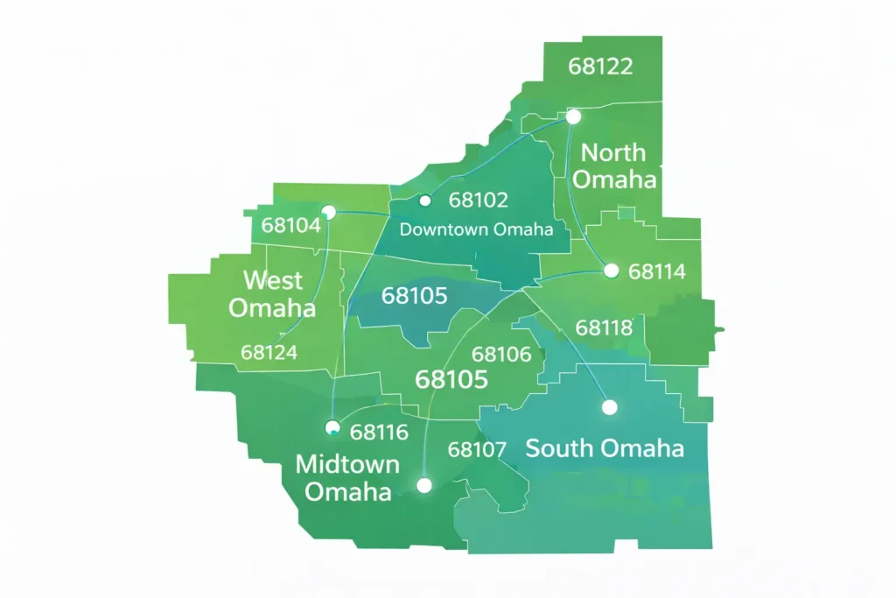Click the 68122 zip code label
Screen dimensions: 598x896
(600, 67)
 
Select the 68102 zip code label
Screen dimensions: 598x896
(478, 201)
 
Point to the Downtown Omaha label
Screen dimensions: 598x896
(476, 229)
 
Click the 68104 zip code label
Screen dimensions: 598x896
(290, 225)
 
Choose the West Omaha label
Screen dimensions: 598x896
(272, 294)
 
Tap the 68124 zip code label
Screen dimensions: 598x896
(269, 352)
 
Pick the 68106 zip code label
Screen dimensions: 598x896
(501, 355)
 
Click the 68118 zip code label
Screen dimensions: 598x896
(604, 328)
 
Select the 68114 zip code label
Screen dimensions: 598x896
(657, 271)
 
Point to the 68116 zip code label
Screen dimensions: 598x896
(379, 432)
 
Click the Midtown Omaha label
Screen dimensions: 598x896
(347, 477)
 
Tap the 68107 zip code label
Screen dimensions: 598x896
(477, 450)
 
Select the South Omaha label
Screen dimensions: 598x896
(605, 449)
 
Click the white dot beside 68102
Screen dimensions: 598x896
(425, 201)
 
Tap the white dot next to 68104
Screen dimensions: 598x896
(328, 212)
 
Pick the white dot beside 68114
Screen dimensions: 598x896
(611, 271)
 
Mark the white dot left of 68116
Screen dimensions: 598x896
(332, 427)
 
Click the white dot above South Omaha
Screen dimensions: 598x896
(610, 407)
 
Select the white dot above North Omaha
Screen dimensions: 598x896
(573, 116)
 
